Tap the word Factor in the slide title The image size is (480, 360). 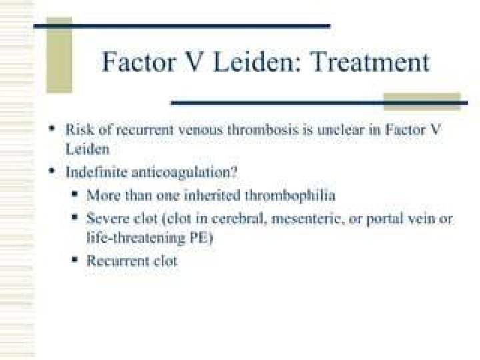pyautogui.click(x=139, y=62)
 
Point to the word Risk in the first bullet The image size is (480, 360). pyautogui.click(x=79, y=130)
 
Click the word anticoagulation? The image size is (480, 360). pyautogui.click(x=185, y=173)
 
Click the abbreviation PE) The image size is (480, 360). pyautogui.click(x=201, y=238)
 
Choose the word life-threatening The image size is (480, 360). pyautogui.click(x=136, y=239)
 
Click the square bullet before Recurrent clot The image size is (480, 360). pyautogui.click(x=75, y=259)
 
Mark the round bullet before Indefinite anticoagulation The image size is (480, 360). pyautogui.click(x=53, y=171)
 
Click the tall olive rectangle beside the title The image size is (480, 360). pyautogui.click(x=59, y=55)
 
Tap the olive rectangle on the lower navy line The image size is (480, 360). pyautogui.click(x=422, y=101)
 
